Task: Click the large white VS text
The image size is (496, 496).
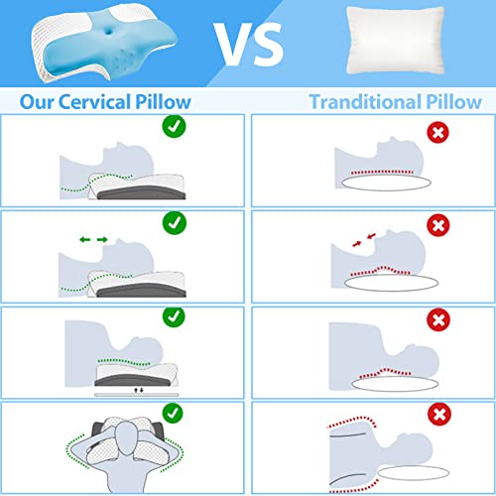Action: [x=249, y=41]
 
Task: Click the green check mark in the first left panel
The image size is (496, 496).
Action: [x=173, y=128]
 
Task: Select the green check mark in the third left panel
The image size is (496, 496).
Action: [x=173, y=317]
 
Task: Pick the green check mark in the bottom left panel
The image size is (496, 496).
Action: [x=173, y=414]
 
